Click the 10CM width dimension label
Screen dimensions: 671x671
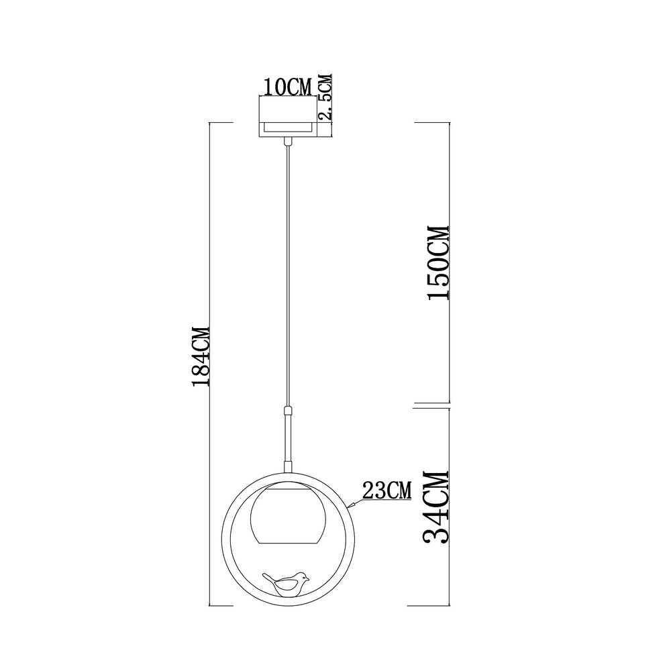[x=288, y=87]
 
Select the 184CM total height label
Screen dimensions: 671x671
[x=201, y=356]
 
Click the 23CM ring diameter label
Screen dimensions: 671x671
[x=387, y=491]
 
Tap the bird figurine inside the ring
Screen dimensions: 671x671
[x=285, y=584]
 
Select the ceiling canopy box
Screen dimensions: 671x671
[x=288, y=117]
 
